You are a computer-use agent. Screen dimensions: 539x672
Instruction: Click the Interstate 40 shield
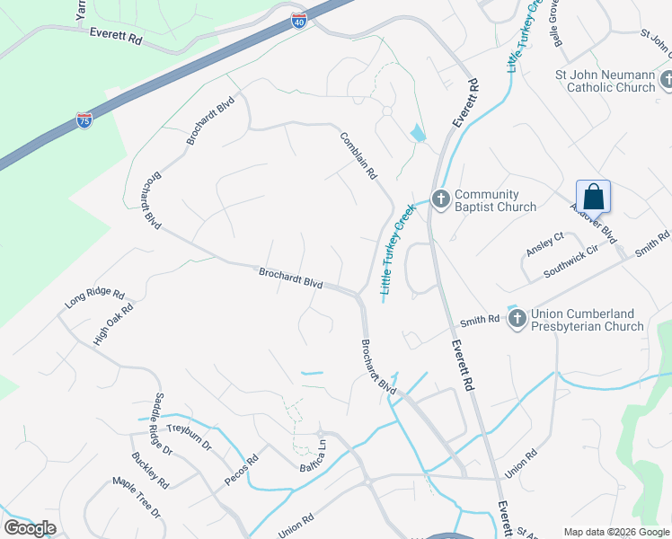[x=299, y=21]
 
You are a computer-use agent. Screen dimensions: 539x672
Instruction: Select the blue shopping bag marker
[x=593, y=196]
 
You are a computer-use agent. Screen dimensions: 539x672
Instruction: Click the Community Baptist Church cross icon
[x=440, y=199]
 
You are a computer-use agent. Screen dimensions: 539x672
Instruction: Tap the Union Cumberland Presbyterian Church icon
[x=517, y=318]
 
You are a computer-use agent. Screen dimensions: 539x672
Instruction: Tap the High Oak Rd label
[x=113, y=324]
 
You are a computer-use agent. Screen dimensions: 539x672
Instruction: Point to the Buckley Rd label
[x=149, y=470]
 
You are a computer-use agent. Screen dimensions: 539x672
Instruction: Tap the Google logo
[x=30, y=528]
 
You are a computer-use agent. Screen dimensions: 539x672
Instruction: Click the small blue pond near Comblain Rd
[x=418, y=135]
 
